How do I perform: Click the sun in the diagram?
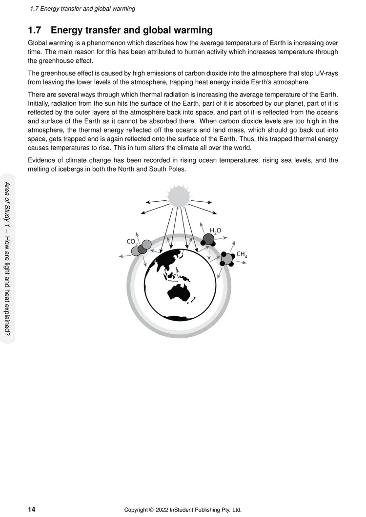(179, 196)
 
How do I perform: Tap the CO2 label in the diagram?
(132, 241)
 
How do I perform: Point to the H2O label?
(215, 230)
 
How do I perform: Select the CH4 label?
(242, 254)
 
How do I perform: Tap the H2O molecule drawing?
(209, 240)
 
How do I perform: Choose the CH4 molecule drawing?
(227, 259)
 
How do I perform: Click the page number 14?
(32, 510)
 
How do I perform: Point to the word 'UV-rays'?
(325, 73)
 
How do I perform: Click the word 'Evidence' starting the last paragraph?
(42, 160)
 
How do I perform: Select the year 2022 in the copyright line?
(163, 510)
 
